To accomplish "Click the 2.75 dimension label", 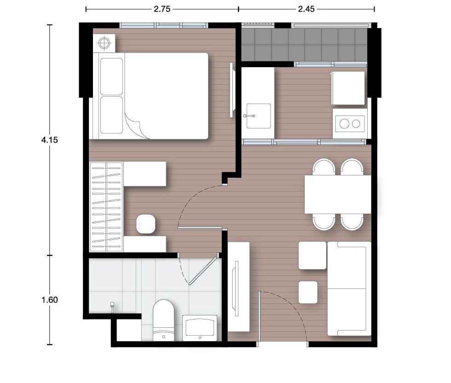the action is pos(162,9).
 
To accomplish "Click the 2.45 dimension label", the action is pos(306,9).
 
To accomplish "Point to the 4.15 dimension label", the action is pos(50,140).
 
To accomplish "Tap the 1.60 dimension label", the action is pos(50,300).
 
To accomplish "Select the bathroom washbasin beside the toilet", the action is pos(200,328).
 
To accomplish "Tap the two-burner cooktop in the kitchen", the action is pos(350,124).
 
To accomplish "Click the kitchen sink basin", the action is pos(259,116).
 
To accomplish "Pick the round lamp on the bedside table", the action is pos(104,43).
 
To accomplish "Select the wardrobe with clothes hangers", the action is pos(106,207).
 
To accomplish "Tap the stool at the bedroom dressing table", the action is pos(146,224).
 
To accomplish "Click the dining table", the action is pos(338,195).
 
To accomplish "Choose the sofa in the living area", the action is pos(349,289).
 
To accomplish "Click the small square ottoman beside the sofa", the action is pos(308,292).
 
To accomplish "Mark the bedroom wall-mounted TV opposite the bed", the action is pos(231,90).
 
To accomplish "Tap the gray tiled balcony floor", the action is pos(304,45).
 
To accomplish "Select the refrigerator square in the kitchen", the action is pos(348,88).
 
